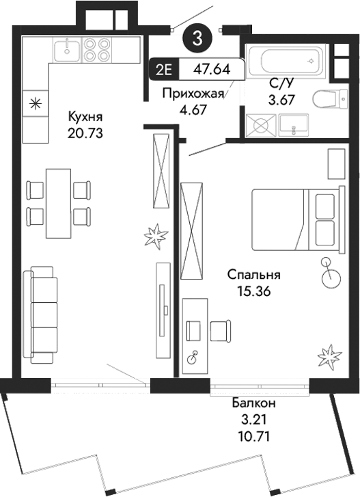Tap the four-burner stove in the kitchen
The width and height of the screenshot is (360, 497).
point(96,49)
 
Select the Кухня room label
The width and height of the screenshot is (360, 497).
point(85,117)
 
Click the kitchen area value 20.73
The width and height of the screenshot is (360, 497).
point(85,133)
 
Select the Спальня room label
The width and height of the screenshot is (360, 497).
point(254,276)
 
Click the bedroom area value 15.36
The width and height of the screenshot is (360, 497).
point(254,292)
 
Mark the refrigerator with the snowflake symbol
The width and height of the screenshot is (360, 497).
point(34,105)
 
